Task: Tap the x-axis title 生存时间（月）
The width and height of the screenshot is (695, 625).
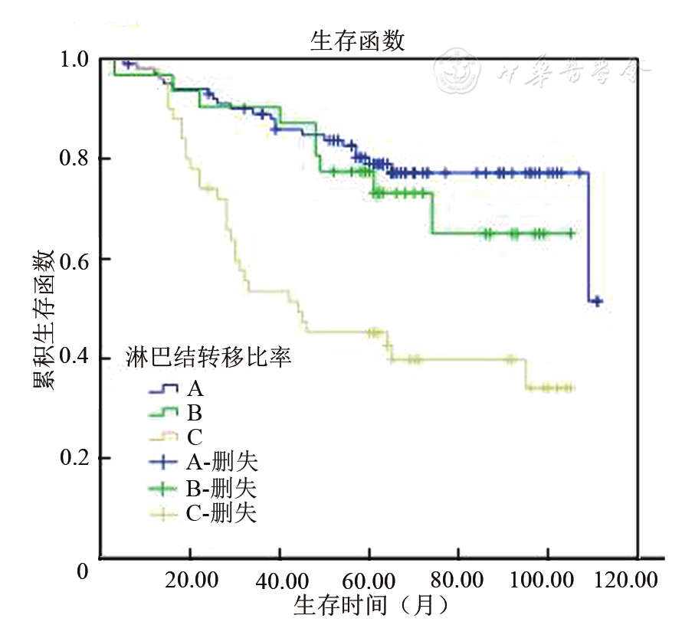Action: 370,605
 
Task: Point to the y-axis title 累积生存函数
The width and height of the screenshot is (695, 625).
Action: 44,319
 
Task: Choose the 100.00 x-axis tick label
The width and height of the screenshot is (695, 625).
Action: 546,580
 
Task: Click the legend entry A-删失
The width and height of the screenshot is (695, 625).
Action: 221,462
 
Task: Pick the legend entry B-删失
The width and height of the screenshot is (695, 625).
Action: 221,487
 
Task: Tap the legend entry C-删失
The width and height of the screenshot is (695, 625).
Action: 221,512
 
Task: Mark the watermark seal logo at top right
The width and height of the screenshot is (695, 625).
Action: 457,70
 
